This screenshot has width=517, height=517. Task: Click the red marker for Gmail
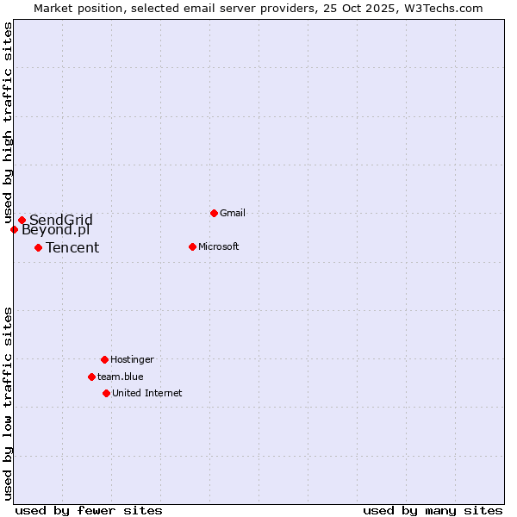(x=214, y=213)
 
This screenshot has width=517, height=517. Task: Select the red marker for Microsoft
(x=192, y=246)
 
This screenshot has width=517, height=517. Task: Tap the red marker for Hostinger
(x=104, y=359)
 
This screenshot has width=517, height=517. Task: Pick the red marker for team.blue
(x=91, y=377)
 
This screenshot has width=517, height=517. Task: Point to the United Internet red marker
(x=106, y=393)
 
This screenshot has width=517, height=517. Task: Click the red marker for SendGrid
(x=22, y=220)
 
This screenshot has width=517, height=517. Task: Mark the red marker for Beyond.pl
(x=14, y=229)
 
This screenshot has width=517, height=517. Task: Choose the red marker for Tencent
(x=38, y=247)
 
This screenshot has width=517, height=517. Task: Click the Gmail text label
(x=233, y=213)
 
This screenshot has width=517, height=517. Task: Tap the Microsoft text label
(x=219, y=246)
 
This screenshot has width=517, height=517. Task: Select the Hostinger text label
(x=132, y=359)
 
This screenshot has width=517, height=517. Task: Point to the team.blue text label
(x=121, y=377)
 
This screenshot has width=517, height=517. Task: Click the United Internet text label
(x=147, y=393)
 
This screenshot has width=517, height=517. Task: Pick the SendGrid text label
(x=61, y=220)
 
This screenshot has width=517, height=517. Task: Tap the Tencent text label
(x=72, y=248)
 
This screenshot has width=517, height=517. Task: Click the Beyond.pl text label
(x=55, y=230)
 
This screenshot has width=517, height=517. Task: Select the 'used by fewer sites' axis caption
(x=89, y=510)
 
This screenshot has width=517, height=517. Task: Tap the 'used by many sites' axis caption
(x=433, y=510)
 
